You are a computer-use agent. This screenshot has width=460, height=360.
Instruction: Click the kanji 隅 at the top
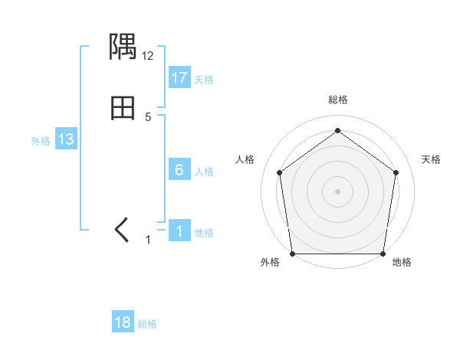pyautogui.click(x=123, y=48)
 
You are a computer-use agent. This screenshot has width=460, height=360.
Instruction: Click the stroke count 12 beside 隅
pyautogui.click(x=148, y=56)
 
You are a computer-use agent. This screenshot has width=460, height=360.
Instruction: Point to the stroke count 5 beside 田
pyautogui.click(x=148, y=116)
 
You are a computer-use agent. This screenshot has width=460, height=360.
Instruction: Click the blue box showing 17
pyautogui.click(x=179, y=77)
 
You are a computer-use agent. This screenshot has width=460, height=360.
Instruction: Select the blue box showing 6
pyautogui.click(x=179, y=170)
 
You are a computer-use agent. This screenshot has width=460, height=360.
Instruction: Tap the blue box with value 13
pyautogui.click(x=66, y=139)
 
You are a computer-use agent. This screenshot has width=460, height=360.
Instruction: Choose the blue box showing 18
pyautogui.click(x=123, y=322)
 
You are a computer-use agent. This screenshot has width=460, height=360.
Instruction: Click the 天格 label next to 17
pyautogui.click(x=203, y=80)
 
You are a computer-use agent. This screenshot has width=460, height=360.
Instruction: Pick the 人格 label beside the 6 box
pyautogui.click(x=204, y=172)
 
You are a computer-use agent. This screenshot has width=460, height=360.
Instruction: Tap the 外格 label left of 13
pyautogui.click(x=41, y=141)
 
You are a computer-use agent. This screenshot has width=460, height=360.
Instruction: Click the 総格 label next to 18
pyautogui.click(x=147, y=324)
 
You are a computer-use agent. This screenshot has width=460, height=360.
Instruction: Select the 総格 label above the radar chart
pyautogui.click(x=337, y=100)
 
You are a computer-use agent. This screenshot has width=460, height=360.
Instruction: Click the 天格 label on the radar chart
pyautogui.click(x=431, y=159)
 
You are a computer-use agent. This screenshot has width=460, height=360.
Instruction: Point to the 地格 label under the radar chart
pyautogui.click(x=402, y=263)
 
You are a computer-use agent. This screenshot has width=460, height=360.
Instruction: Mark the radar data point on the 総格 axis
pyautogui.click(x=337, y=131)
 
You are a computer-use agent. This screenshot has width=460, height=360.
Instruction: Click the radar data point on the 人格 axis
pyautogui.click(x=279, y=172)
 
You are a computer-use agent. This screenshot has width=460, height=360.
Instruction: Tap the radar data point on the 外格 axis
pyautogui.click(x=292, y=254)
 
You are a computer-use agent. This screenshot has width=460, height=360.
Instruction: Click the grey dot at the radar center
pyautogui.click(x=337, y=191)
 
